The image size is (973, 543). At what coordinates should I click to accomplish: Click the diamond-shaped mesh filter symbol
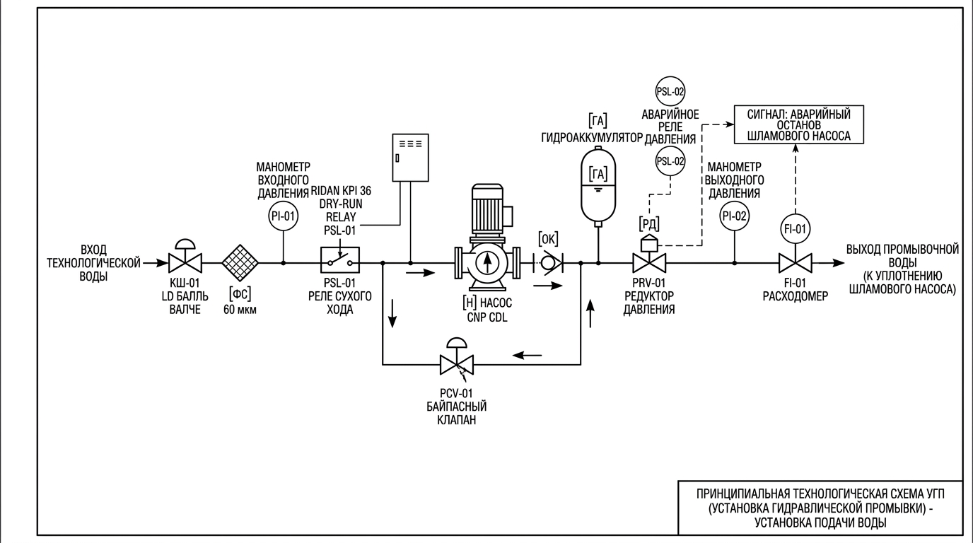(x=240, y=263)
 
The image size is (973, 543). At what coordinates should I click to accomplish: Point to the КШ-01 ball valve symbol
(x=185, y=256)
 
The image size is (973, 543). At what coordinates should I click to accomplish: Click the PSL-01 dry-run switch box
(x=340, y=259)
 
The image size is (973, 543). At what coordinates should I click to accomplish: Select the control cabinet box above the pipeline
(x=410, y=158)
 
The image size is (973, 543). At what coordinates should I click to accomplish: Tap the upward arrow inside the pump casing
(x=487, y=262)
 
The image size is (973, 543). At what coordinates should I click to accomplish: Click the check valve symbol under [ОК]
(x=548, y=263)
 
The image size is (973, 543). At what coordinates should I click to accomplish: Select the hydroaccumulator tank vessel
(x=598, y=186)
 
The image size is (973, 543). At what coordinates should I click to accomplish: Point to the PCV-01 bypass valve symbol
(x=457, y=357)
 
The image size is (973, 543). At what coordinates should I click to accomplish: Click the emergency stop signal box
(x=799, y=124)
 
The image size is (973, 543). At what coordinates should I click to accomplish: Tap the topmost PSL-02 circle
(x=670, y=91)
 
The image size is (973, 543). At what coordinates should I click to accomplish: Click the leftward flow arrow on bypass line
(x=528, y=356)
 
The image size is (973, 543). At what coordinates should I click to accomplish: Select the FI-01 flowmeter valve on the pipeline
(x=795, y=263)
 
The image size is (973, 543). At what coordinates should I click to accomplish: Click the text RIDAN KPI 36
(x=341, y=191)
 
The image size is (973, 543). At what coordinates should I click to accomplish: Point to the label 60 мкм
(x=240, y=310)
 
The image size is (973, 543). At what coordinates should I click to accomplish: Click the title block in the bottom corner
(x=820, y=508)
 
